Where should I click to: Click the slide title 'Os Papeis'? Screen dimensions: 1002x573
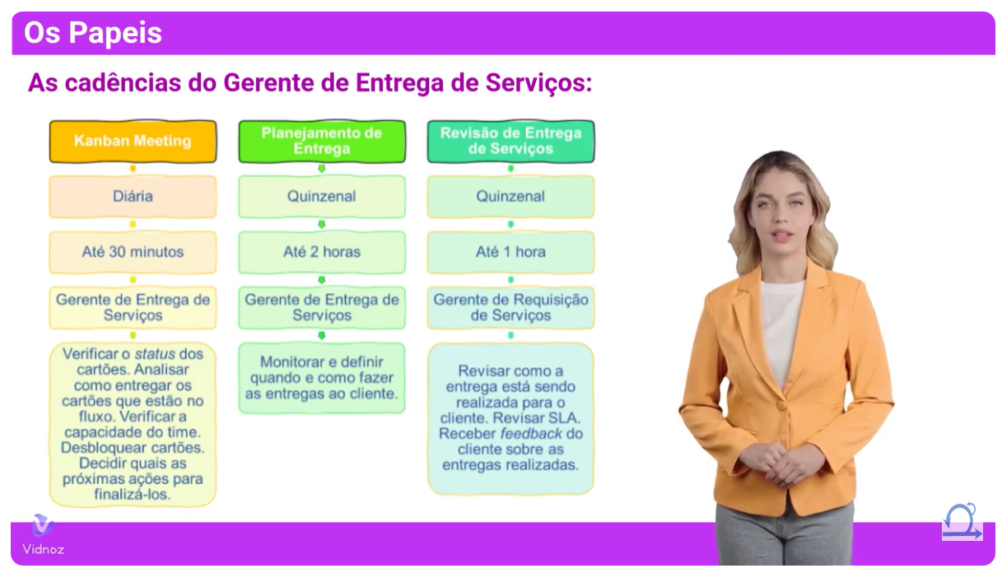click(x=93, y=33)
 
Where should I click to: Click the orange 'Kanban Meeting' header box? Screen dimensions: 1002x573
click(x=133, y=142)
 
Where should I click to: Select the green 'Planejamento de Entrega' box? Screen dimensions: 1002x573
click(x=322, y=142)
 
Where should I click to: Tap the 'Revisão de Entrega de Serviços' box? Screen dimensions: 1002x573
click(x=510, y=142)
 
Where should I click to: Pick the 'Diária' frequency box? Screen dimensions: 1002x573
click(x=133, y=197)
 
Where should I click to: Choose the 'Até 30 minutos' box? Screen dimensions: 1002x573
click(x=133, y=252)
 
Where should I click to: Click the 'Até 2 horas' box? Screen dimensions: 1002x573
click(x=322, y=252)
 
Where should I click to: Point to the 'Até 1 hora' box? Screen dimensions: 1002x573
click(x=510, y=252)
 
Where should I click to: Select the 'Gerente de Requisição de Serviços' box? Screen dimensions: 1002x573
click(x=510, y=307)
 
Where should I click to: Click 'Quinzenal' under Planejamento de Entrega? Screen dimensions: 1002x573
click(x=322, y=197)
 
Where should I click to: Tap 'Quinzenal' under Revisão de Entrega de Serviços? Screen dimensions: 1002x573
click(x=510, y=197)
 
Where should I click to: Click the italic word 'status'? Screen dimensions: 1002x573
click(x=155, y=354)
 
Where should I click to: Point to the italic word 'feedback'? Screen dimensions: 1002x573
click(x=531, y=433)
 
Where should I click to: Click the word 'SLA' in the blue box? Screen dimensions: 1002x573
click(x=566, y=417)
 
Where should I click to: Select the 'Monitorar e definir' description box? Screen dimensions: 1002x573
click(x=322, y=378)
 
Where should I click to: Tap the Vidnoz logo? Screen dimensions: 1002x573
click(x=44, y=534)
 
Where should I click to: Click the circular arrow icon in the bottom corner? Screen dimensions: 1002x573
click(x=962, y=521)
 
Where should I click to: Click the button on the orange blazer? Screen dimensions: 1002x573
click(x=781, y=405)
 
